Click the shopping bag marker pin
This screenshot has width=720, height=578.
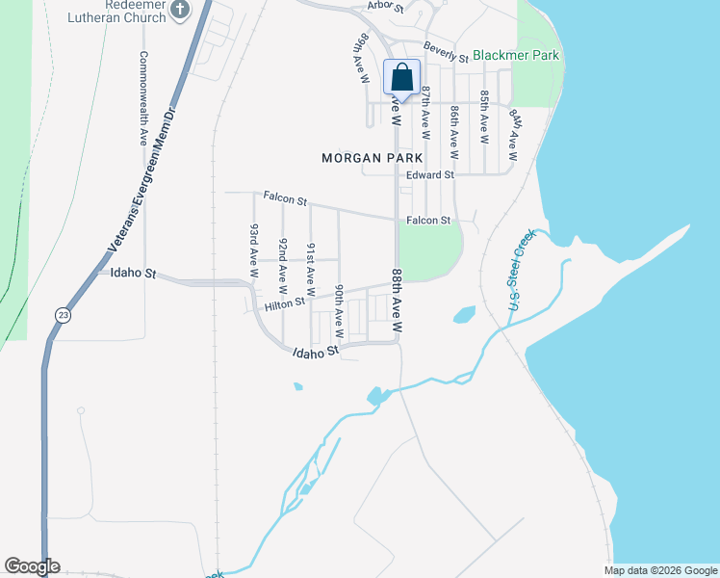[x=402, y=78]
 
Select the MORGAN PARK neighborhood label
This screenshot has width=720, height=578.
[x=367, y=157]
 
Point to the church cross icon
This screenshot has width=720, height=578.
[x=180, y=10]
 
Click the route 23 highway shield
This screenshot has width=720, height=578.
[x=64, y=314]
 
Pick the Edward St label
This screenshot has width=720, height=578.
[x=429, y=175]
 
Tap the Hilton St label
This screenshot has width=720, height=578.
[x=285, y=303]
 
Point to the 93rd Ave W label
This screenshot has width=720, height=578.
[x=254, y=251]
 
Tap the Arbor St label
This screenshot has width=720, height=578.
[x=385, y=6]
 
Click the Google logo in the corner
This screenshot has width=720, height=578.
[x=33, y=566]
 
